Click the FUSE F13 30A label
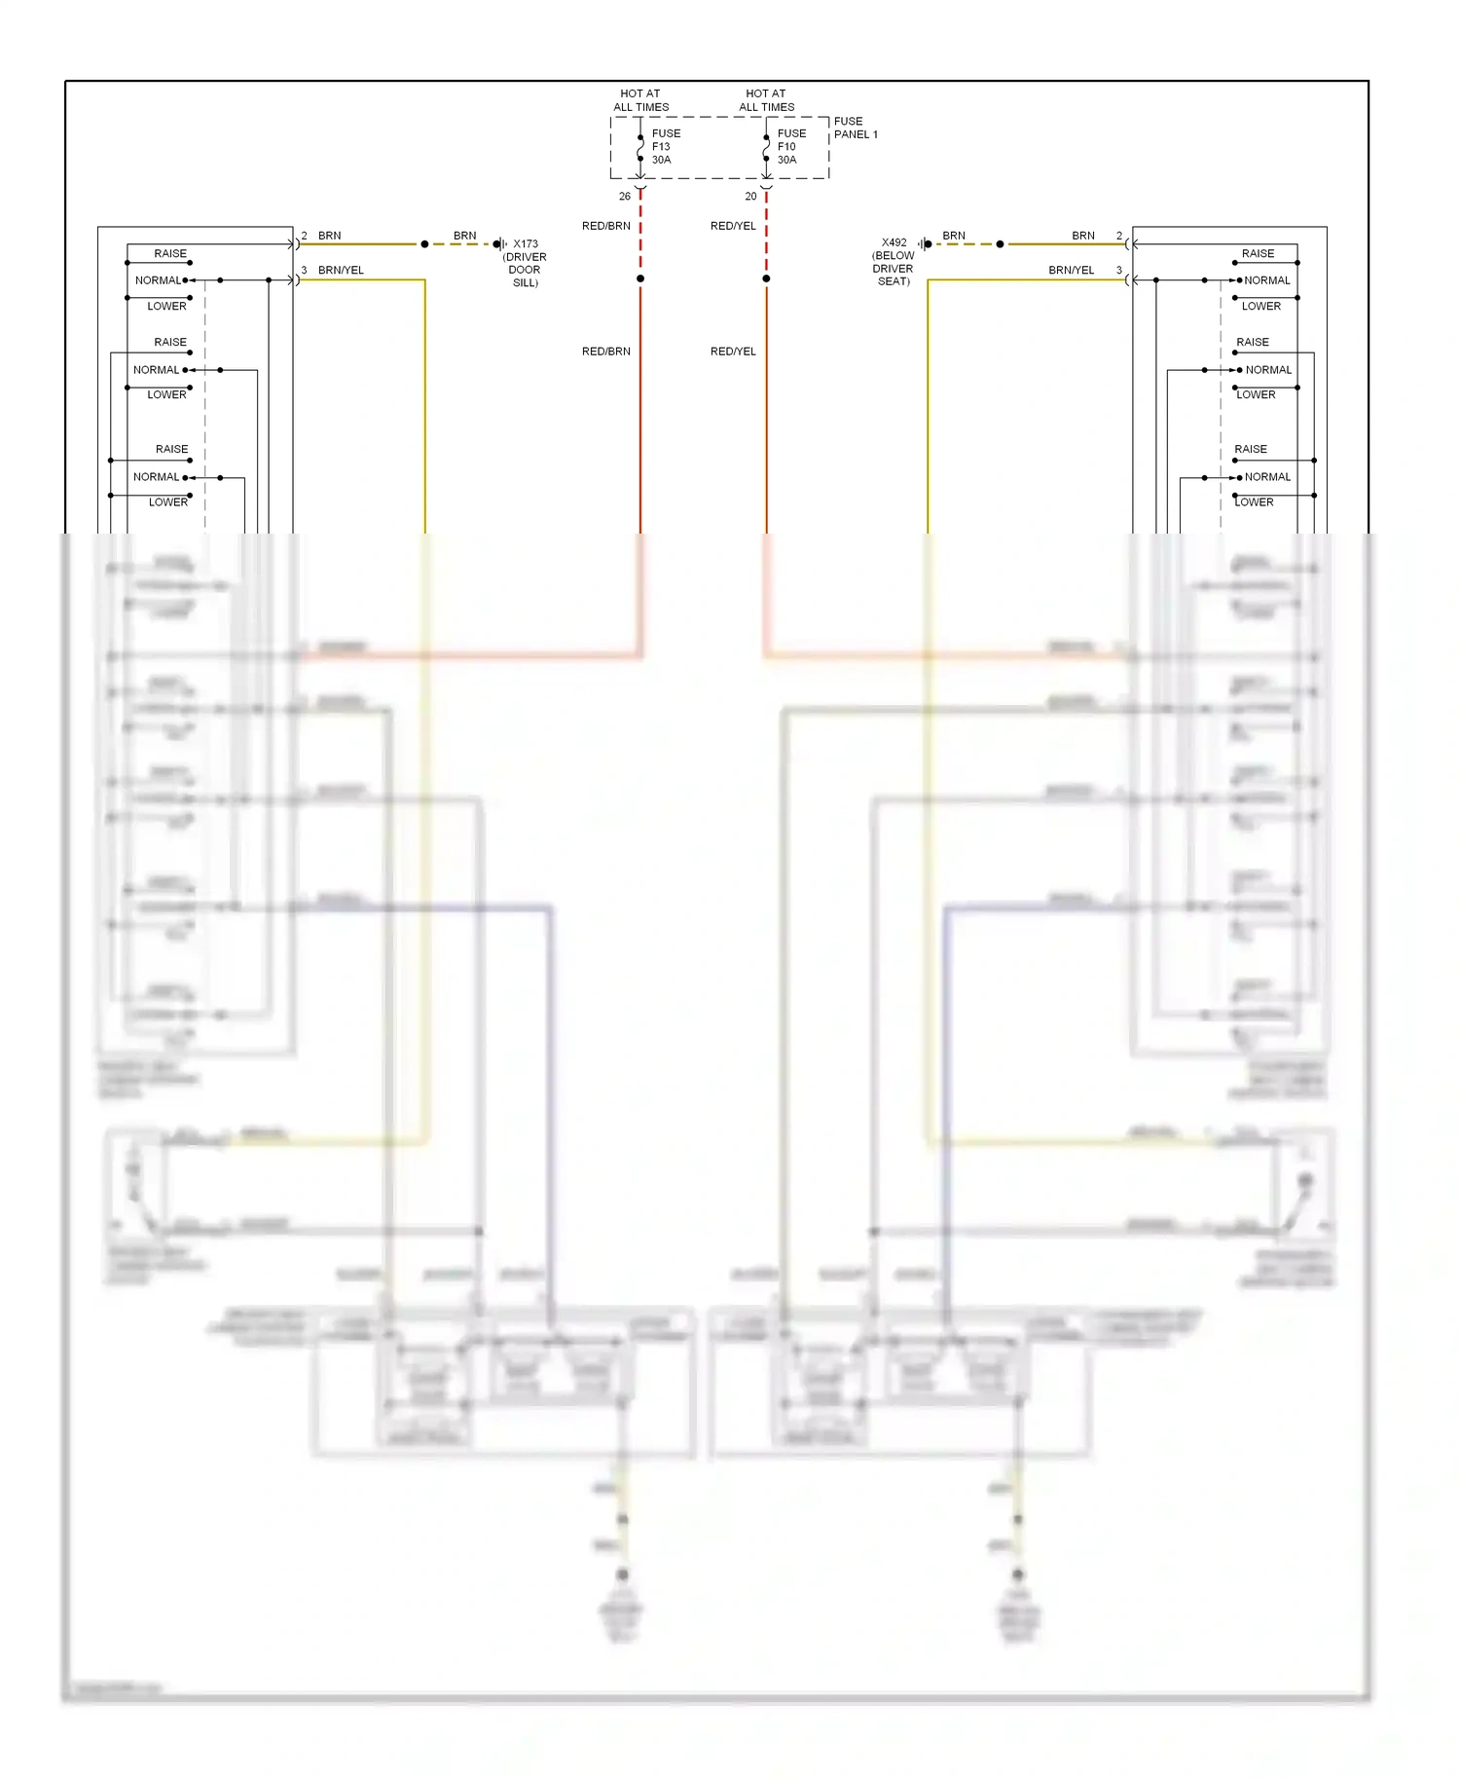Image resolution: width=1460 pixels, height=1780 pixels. pyautogui.click(x=666, y=147)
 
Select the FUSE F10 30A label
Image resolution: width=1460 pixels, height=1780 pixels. pyautogui.click(x=790, y=147)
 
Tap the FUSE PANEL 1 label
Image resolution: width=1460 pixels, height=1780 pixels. pyautogui.click(x=855, y=129)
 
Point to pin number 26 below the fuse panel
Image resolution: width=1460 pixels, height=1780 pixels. pyautogui.click(x=625, y=197)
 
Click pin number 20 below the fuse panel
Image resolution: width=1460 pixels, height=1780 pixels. pyautogui.click(x=750, y=197)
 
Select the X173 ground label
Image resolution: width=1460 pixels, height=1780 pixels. pyautogui.click(x=526, y=244)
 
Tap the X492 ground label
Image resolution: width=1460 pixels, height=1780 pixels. pyautogui.click(x=894, y=242)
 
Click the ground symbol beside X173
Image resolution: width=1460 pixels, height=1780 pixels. pyautogui.click(x=499, y=244)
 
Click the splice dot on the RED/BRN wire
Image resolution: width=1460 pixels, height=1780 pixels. pyautogui.click(x=640, y=279)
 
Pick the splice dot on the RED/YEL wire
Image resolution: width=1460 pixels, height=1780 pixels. pyautogui.click(x=766, y=279)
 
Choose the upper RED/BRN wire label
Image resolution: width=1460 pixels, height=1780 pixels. pyautogui.click(x=606, y=226)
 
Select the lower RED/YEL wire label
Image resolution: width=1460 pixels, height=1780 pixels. pyautogui.click(x=733, y=352)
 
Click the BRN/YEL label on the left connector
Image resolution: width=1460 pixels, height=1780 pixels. pyautogui.click(x=341, y=271)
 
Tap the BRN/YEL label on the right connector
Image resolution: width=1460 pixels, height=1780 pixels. pyautogui.click(x=1071, y=271)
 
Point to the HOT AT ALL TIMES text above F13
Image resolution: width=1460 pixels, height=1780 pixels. pyautogui.click(x=640, y=100)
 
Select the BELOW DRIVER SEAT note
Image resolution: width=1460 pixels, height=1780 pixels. pyautogui.click(x=893, y=269)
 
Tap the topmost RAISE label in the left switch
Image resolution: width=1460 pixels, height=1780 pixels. pyautogui.click(x=170, y=254)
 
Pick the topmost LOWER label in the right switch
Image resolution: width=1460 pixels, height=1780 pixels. pyautogui.click(x=1260, y=307)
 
